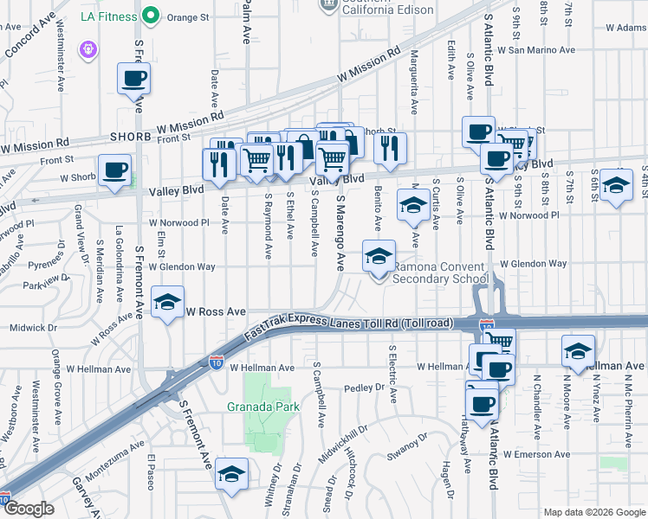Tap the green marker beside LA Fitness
point(151,16)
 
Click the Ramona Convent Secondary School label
point(440,272)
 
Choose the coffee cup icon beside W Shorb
point(114,169)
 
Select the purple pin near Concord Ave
point(87,51)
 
